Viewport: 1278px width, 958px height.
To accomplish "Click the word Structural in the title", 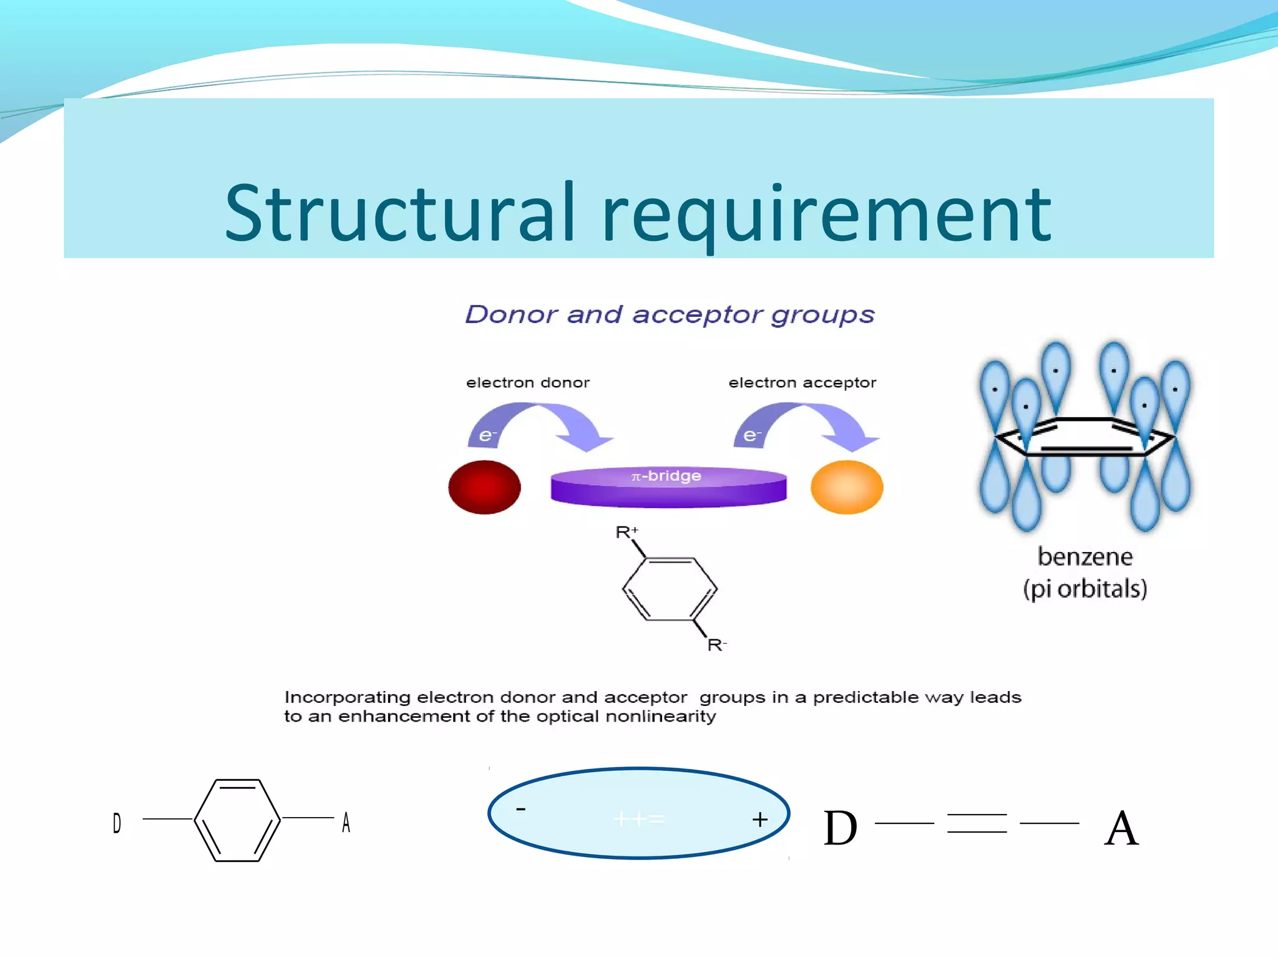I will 399,213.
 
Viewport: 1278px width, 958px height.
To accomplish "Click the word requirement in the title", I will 827,215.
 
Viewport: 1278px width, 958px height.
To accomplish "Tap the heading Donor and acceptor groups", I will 670,314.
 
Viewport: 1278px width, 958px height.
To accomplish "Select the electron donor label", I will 527,382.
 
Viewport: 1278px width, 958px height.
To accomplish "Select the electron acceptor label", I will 802,382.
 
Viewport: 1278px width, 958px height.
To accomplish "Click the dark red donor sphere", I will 484,487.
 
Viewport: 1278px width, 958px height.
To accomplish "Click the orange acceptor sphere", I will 847,487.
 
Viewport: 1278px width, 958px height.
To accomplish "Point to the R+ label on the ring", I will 626,532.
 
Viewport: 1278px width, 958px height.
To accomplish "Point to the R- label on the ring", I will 716,645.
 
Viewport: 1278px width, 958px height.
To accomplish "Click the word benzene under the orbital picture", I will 1085,556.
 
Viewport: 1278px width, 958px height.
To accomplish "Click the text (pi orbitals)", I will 1085,589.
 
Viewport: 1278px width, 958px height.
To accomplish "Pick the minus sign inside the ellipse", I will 520,810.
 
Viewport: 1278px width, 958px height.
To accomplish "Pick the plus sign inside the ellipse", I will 759,820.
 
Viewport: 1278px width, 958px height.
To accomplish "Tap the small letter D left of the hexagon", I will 117,823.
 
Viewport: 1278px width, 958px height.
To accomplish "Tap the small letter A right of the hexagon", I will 346,823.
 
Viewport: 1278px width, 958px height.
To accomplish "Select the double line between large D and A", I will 977,823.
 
